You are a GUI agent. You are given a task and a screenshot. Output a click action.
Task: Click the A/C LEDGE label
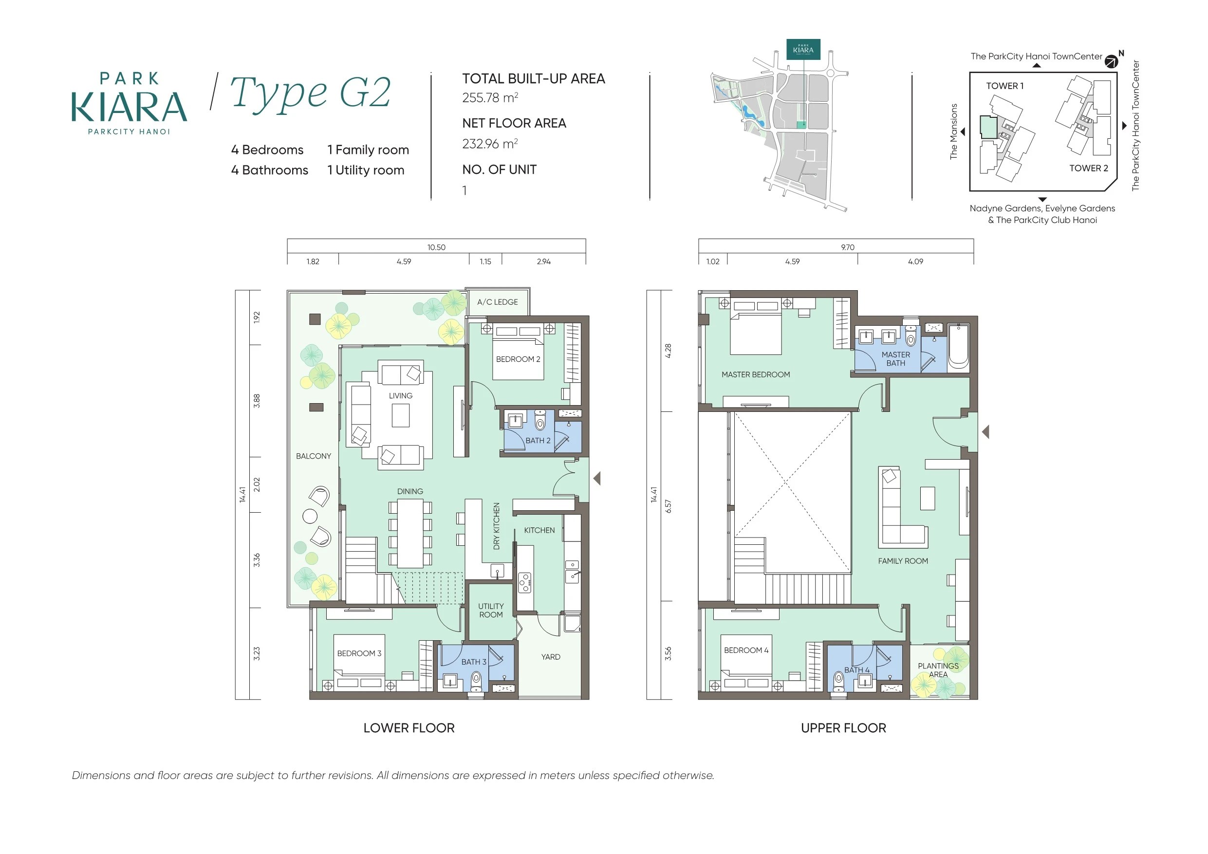tap(497, 302)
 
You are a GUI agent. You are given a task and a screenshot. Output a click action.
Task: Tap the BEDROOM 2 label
tap(518, 359)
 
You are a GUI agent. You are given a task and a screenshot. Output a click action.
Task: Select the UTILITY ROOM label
tap(491, 611)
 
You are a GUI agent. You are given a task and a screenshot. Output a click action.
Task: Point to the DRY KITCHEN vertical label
tap(496, 526)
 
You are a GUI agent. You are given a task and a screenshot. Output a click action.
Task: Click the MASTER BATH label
tap(895, 359)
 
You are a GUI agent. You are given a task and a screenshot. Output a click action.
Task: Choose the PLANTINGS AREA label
tap(938, 670)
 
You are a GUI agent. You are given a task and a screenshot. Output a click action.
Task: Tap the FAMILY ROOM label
tap(903, 561)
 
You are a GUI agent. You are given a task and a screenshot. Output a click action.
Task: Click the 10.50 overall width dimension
tap(436, 247)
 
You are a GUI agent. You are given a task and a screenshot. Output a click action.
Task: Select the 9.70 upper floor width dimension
tap(848, 247)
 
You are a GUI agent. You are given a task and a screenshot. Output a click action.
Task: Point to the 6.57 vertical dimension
tap(668, 507)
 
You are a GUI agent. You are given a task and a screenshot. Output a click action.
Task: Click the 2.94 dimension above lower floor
tap(543, 261)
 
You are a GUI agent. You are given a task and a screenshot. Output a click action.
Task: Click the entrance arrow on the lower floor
tap(596, 478)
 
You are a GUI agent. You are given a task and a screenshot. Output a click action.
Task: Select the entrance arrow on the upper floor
tap(985, 432)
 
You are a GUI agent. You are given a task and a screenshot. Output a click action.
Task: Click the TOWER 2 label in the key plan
tap(1089, 168)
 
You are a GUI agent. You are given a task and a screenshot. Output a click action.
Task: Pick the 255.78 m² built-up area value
tap(490, 98)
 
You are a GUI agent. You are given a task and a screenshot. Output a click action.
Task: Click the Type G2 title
tap(311, 93)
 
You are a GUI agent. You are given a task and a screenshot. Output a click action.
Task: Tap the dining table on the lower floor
tap(410, 533)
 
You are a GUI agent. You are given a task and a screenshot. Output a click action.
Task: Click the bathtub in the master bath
tap(959, 347)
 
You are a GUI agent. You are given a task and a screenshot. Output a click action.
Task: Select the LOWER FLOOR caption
tap(409, 728)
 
